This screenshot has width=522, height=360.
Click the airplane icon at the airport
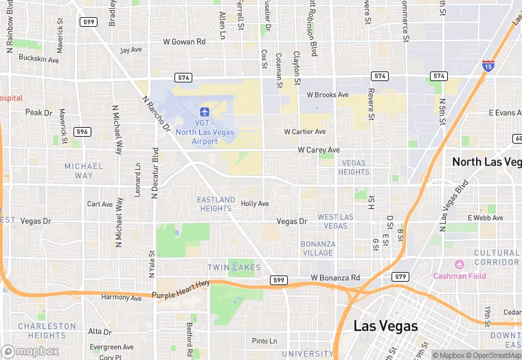[x=204, y=111]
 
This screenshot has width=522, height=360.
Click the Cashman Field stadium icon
[x=459, y=265]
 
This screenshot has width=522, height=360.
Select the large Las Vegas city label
[x=385, y=326]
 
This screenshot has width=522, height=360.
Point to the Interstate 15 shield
[x=488, y=66]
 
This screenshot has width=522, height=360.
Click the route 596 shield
[x=82, y=132]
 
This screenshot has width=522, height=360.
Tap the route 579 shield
[x=402, y=276]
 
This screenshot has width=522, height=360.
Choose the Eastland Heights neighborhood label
[x=216, y=204]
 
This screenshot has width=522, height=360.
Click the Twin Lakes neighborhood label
[x=234, y=267]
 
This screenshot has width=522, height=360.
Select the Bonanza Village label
[x=318, y=248]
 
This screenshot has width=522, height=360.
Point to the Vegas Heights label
[x=354, y=168]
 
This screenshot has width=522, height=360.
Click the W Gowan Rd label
[x=184, y=42]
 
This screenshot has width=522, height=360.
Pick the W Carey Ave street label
[x=319, y=150]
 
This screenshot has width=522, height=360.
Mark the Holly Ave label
[x=254, y=204]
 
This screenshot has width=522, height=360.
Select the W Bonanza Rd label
[x=335, y=278]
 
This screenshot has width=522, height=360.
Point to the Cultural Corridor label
[x=496, y=258]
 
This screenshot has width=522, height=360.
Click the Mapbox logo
[x=30, y=351]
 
